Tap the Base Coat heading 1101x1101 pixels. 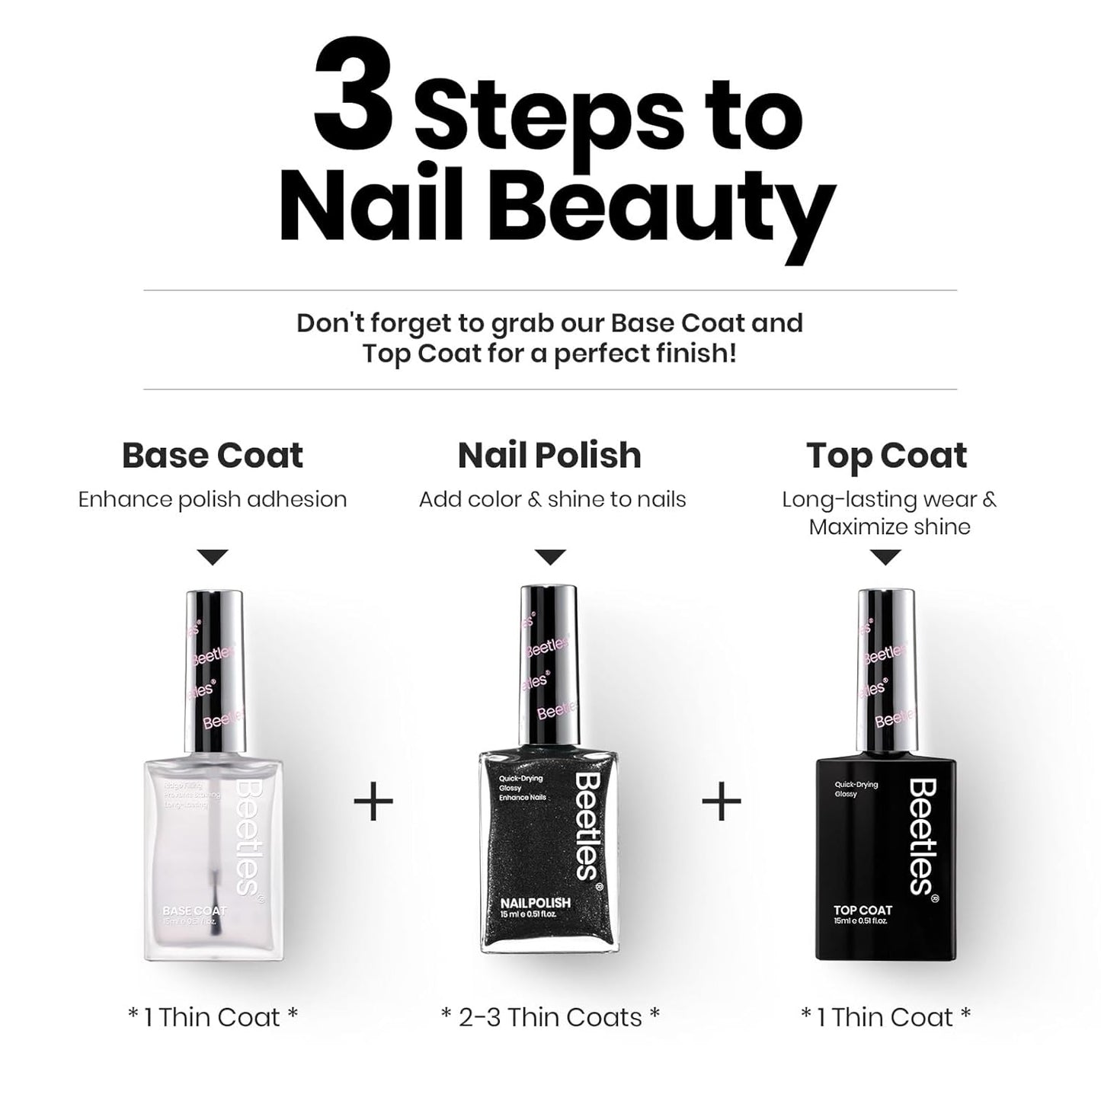[x=213, y=456]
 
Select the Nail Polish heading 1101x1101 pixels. [x=549, y=456]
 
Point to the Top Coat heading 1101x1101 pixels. [x=886, y=456]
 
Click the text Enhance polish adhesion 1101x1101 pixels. [x=213, y=500]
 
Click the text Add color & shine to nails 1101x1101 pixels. [x=552, y=500]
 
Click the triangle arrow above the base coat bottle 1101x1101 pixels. [x=213, y=557]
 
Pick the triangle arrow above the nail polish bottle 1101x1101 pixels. [x=550, y=557]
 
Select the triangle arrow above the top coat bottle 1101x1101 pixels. [x=885, y=557]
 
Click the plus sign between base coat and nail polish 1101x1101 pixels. [x=373, y=801]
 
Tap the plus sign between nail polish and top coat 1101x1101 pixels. [x=721, y=801]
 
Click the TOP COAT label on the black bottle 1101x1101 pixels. [x=863, y=910]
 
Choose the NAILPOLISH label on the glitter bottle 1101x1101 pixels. [x=535, y=903]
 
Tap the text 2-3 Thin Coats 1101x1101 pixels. [x=550, y=1017]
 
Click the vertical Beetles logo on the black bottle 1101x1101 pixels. [x=922, y=836]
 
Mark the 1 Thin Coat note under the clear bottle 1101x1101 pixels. [x=213, y=1017]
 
